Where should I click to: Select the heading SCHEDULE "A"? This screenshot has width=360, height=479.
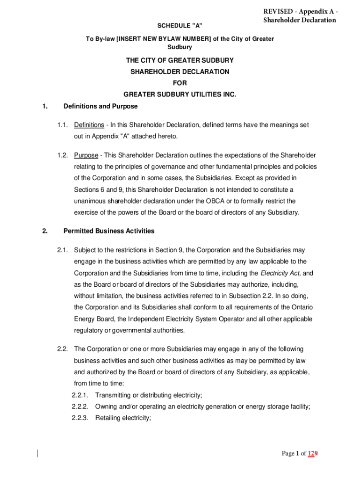(x=180, y=24)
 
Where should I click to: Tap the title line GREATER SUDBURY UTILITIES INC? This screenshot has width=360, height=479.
(x=180, y=94)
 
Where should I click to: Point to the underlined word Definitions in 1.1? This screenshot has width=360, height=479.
(x=89, y=125)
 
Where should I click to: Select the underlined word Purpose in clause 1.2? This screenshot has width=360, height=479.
(x=86, y=155)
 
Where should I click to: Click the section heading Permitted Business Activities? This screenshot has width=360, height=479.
(x=108, y=231)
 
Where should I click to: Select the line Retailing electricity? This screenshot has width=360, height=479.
(x=123, y=418)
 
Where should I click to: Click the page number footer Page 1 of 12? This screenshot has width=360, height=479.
(x=299, y=453)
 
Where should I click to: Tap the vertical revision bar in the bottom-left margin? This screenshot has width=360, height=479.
(x=37, y=453)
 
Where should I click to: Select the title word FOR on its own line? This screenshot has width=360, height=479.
(x=180, y=83)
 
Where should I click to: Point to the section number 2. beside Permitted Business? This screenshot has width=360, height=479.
(x=44, y=231)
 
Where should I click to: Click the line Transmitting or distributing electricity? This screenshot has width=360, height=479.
(x=149, y=395)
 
